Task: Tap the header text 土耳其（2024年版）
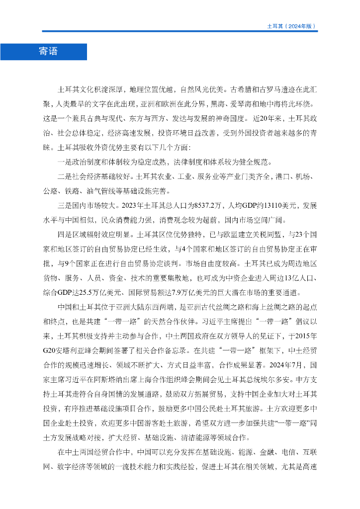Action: pos(291,26)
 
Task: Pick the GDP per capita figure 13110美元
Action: pos(274,205)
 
